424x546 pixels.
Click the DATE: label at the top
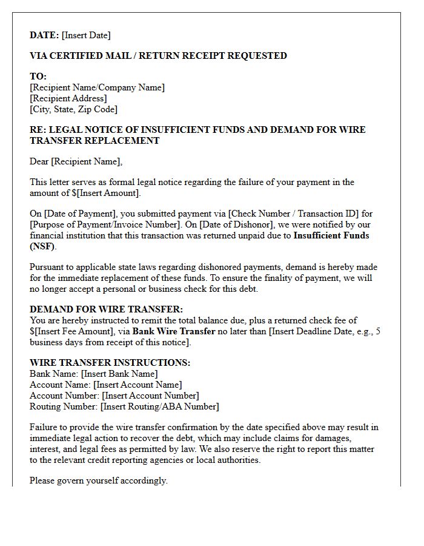pos(44,35)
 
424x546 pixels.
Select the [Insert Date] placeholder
pos(86,35)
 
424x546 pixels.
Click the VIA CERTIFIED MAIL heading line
pos(158,56)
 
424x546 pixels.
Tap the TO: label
pos(38,76)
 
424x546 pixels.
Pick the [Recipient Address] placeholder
pos(68,98)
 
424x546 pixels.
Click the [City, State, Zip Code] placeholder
pos(73,109)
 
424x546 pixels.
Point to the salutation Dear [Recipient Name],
pos(76,161)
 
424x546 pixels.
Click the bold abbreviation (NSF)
pos(42,246)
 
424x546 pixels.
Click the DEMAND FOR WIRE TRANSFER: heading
pos(106,309)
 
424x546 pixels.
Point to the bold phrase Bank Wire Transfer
pos(174,331)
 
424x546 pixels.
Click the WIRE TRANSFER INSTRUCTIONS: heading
pos(110,363)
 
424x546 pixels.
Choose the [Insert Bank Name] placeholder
pos(119,374)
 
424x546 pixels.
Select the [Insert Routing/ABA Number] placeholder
pos(160,406)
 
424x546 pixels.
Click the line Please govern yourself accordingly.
pos(98,480)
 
